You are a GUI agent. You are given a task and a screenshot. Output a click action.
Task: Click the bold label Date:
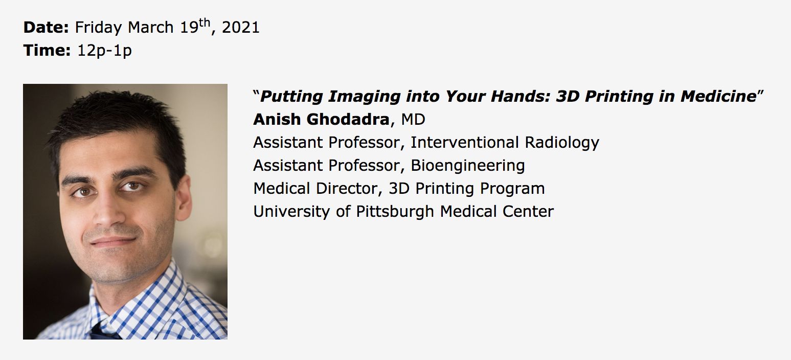click(46, 27)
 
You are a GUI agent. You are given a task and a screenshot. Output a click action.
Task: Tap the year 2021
click(240, 28)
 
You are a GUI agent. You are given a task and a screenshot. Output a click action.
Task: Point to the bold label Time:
click(47, 50)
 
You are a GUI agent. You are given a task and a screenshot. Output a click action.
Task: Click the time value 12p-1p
click(104, 51)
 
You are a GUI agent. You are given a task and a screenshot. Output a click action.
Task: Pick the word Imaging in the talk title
click(364, 97)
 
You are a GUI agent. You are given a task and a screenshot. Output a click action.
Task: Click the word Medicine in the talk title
click(718, 97)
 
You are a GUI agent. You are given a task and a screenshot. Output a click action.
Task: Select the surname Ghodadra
click(348, 120)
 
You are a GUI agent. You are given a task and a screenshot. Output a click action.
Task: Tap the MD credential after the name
click(413, 120)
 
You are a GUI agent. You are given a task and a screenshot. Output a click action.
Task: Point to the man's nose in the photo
click(108, 210)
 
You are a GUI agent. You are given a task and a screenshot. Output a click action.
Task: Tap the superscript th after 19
click(205, 22)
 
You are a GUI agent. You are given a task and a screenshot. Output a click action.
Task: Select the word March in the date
click(151, 28)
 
